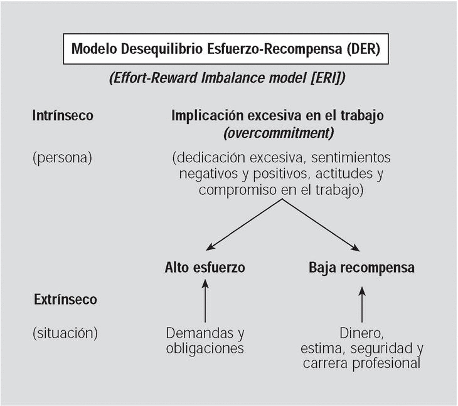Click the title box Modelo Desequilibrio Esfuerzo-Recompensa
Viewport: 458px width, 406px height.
pyautogui.click(x=225, y=48)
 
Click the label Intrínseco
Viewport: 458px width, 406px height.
pyautogui.click(x=63, y=116)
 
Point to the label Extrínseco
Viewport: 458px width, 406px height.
pyautogui.click(x=65, y=299)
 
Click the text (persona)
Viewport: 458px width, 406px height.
pyautogui.click(x=62, y=157)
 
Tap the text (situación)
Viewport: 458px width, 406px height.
pyautogui.click(x=65, y=333)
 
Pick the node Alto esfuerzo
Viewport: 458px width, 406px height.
pyautogui.click(x=205, y=268)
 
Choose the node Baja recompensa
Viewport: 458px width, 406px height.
pyautogui.click(x=361, y=268)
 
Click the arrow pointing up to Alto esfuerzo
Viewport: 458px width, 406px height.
pyautogui.click(x=205, y=301)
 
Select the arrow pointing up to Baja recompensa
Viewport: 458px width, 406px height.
pyautogui.click(x=362, y=301)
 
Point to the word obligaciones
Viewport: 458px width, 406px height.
pyautogui.click(x=205, y=348)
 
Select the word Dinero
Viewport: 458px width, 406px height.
pyautogui.click(x=361, y=333)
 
